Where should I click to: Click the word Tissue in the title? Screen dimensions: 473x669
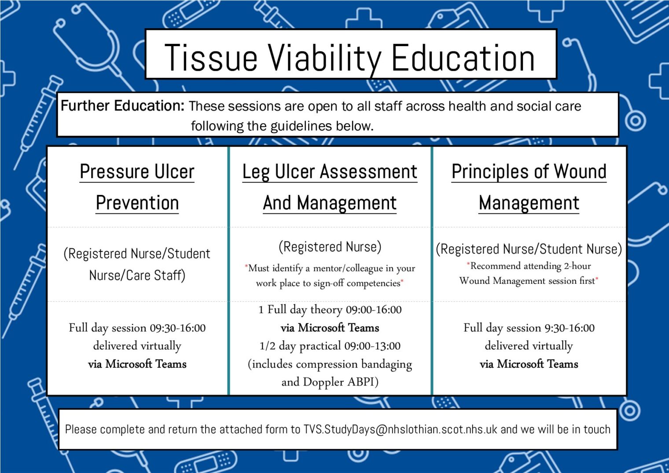click(x=211, y=58)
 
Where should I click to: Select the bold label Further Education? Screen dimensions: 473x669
click(x=122, y=106)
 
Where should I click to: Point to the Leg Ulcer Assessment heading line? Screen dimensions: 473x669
click(x=330, y=172)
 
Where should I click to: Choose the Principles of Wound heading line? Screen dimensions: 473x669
click(x=529, y=172)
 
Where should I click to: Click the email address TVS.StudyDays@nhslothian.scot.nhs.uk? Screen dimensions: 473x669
click(x=400, y=429)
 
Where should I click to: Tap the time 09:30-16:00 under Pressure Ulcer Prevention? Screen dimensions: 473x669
click(x=177, y=328)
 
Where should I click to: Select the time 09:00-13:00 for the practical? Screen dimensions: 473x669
click(x=372, y=346)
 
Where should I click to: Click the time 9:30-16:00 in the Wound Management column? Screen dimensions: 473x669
click(x=570, y=328)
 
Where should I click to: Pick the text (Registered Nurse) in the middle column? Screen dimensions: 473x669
click(x=330, y=247)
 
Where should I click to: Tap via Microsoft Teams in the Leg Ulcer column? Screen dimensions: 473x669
click(x=330, y=328)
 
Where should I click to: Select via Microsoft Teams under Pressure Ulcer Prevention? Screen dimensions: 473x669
click(x=137, y=364)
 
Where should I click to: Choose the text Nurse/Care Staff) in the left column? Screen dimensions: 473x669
click(x=137, y=275)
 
